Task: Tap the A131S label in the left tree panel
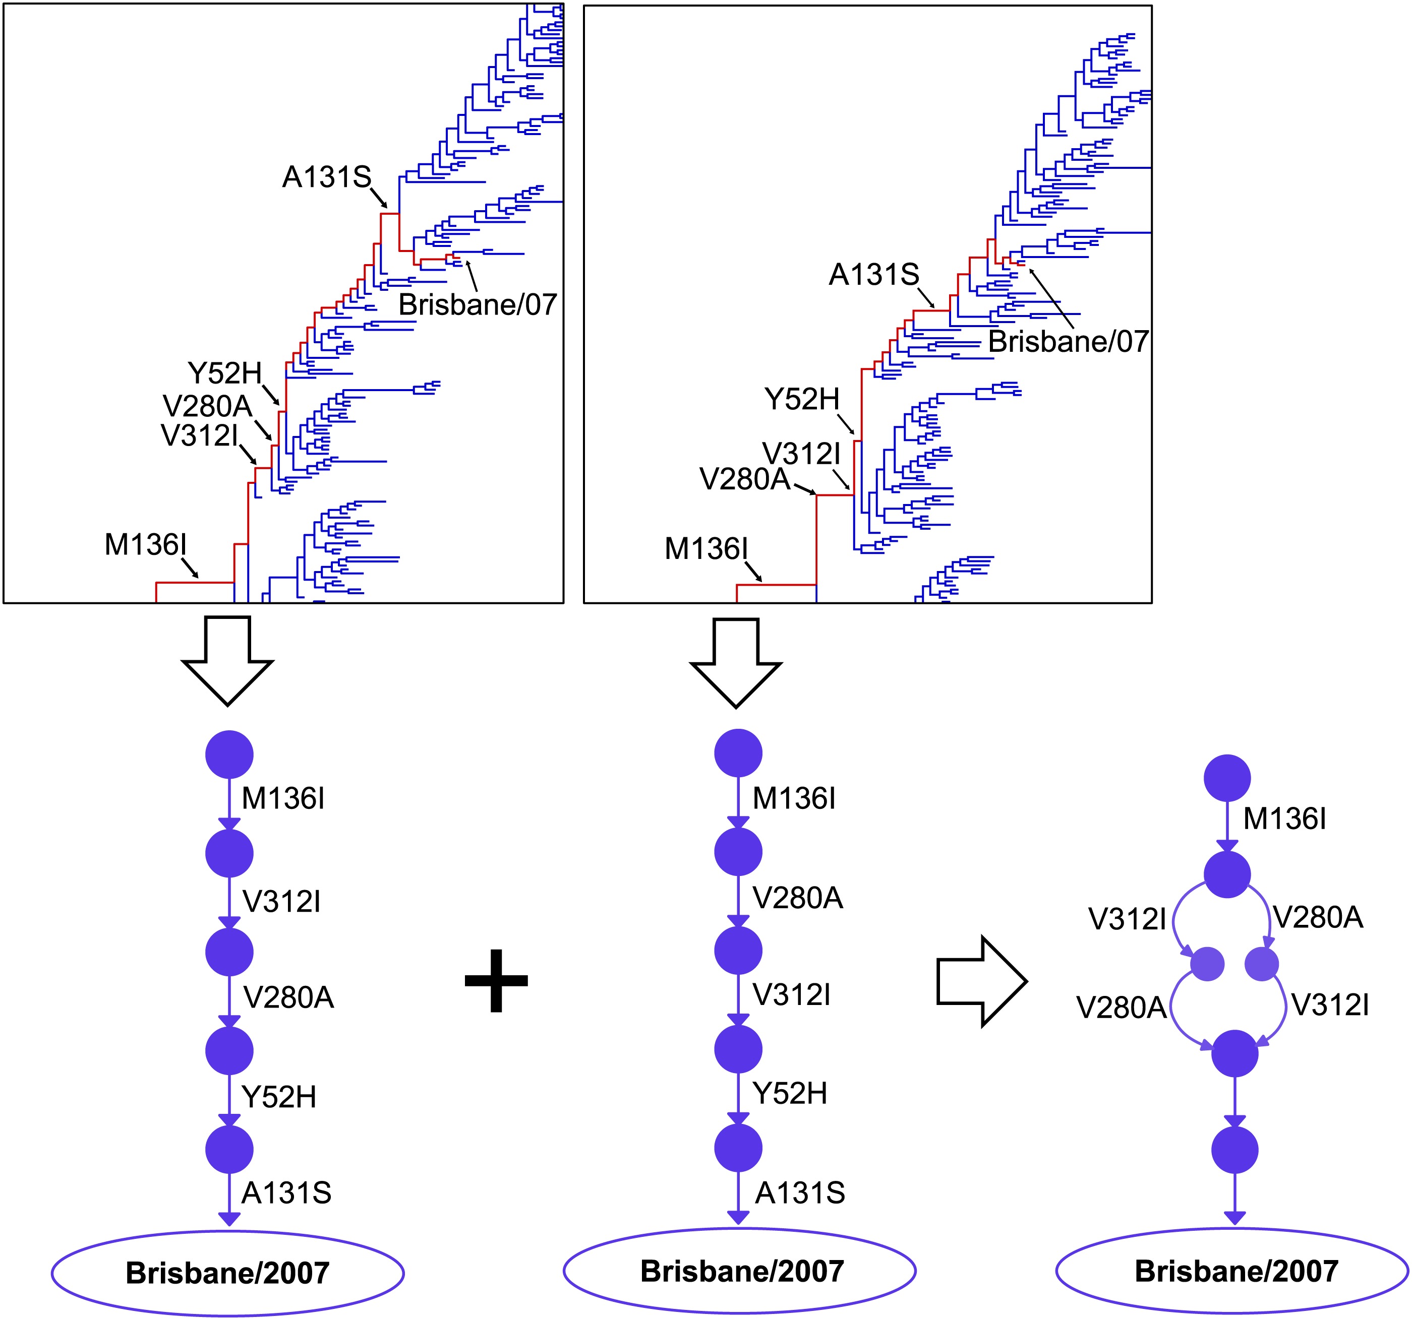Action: point(327,177)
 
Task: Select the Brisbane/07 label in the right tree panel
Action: point(1068,342)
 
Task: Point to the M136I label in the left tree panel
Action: point(146,545)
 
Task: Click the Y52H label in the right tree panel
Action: point(802,399)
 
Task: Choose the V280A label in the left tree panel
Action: point(207,406)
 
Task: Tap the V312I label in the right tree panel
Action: point(801,453)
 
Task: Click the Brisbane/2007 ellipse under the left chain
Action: point(227,1273)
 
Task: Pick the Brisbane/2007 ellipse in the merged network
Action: point(1236,1271)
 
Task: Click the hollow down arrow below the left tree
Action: point(227,660)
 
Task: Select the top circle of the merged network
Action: point(1227,778)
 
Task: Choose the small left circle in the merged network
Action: point(1207,964)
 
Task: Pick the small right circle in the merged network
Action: point(1262,964)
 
